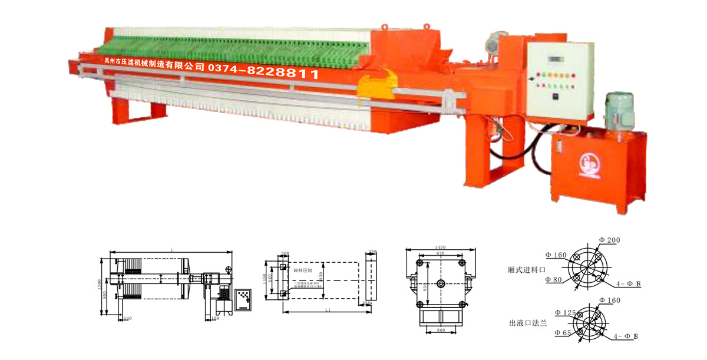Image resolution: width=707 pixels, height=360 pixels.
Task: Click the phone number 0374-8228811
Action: [x=263, y=74]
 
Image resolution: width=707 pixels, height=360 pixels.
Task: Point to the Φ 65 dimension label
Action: [x=563, y=333]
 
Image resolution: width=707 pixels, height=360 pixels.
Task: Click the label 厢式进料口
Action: [x=524, y=270]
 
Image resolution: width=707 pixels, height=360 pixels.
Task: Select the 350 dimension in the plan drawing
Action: [x=372, y=251]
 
